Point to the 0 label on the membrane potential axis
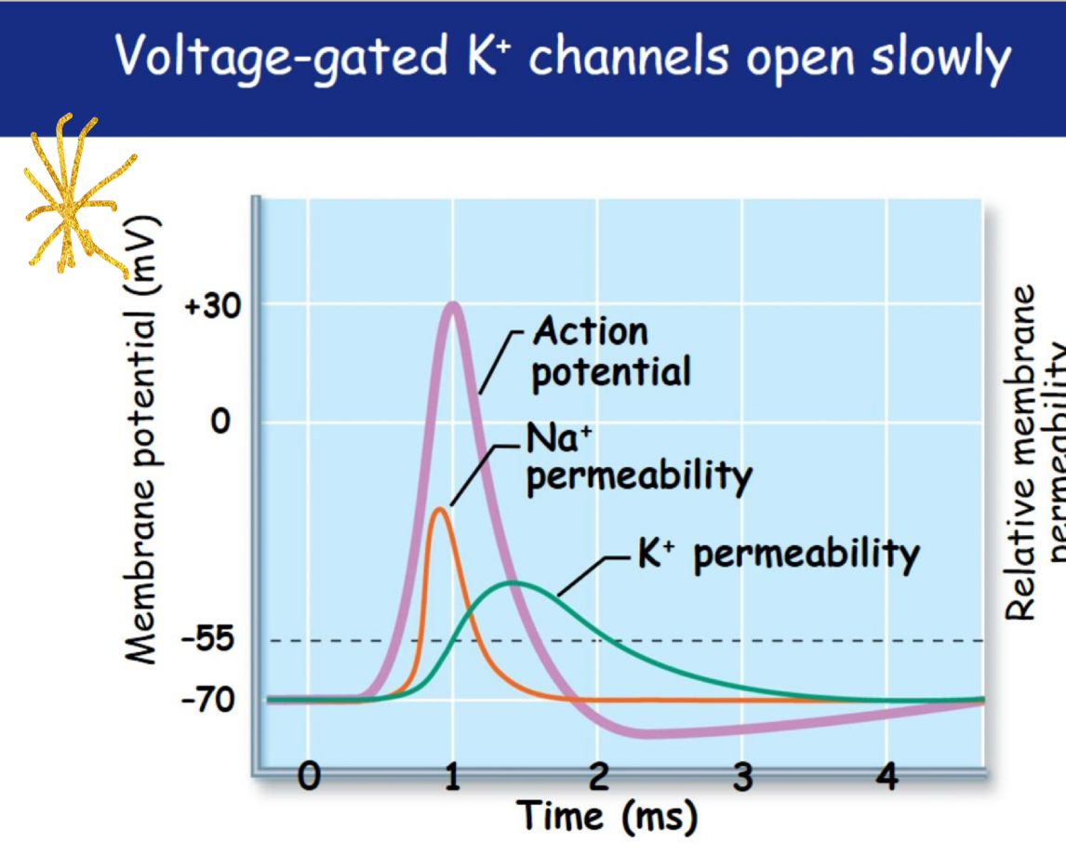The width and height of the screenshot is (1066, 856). click(219, 422)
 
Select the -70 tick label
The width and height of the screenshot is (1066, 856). click(207, 699)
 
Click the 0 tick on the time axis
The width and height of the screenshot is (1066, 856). click(309, 774)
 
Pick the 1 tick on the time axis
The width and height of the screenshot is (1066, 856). click(453, 774)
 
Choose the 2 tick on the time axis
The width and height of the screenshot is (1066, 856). click(598, 774)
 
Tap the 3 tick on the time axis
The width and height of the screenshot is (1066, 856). click(742, 774)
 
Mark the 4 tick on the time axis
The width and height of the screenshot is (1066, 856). click(887, 774)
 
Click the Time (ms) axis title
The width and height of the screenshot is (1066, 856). click(606, 817)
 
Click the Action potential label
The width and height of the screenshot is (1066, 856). click(610, 352)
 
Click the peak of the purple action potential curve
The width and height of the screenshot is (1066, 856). click(453, 304)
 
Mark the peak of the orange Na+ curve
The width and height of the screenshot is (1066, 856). click(439, 509)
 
